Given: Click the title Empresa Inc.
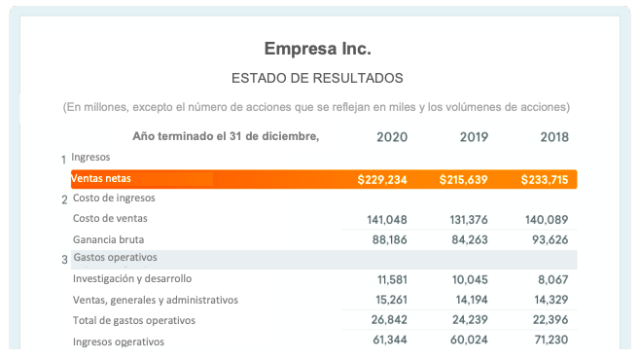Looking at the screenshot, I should coord(317,49).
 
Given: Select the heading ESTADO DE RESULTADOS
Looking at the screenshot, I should coord(317,78).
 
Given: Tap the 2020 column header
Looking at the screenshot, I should coord(391,136).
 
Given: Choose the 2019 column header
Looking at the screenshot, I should coord(474,136).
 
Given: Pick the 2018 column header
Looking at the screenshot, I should coord(554,136).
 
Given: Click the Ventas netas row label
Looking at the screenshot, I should coord(101,179).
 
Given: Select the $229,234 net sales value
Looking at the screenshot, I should coord(382,180).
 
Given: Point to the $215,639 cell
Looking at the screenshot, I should coord(464,180).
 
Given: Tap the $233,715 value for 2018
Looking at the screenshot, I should coord(545,180).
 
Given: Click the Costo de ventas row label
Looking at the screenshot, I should coord(111,218).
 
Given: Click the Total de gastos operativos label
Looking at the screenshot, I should coord(134,320).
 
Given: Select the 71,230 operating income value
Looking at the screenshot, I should coord(548,341).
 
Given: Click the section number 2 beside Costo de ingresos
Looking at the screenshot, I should coord(64,200).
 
